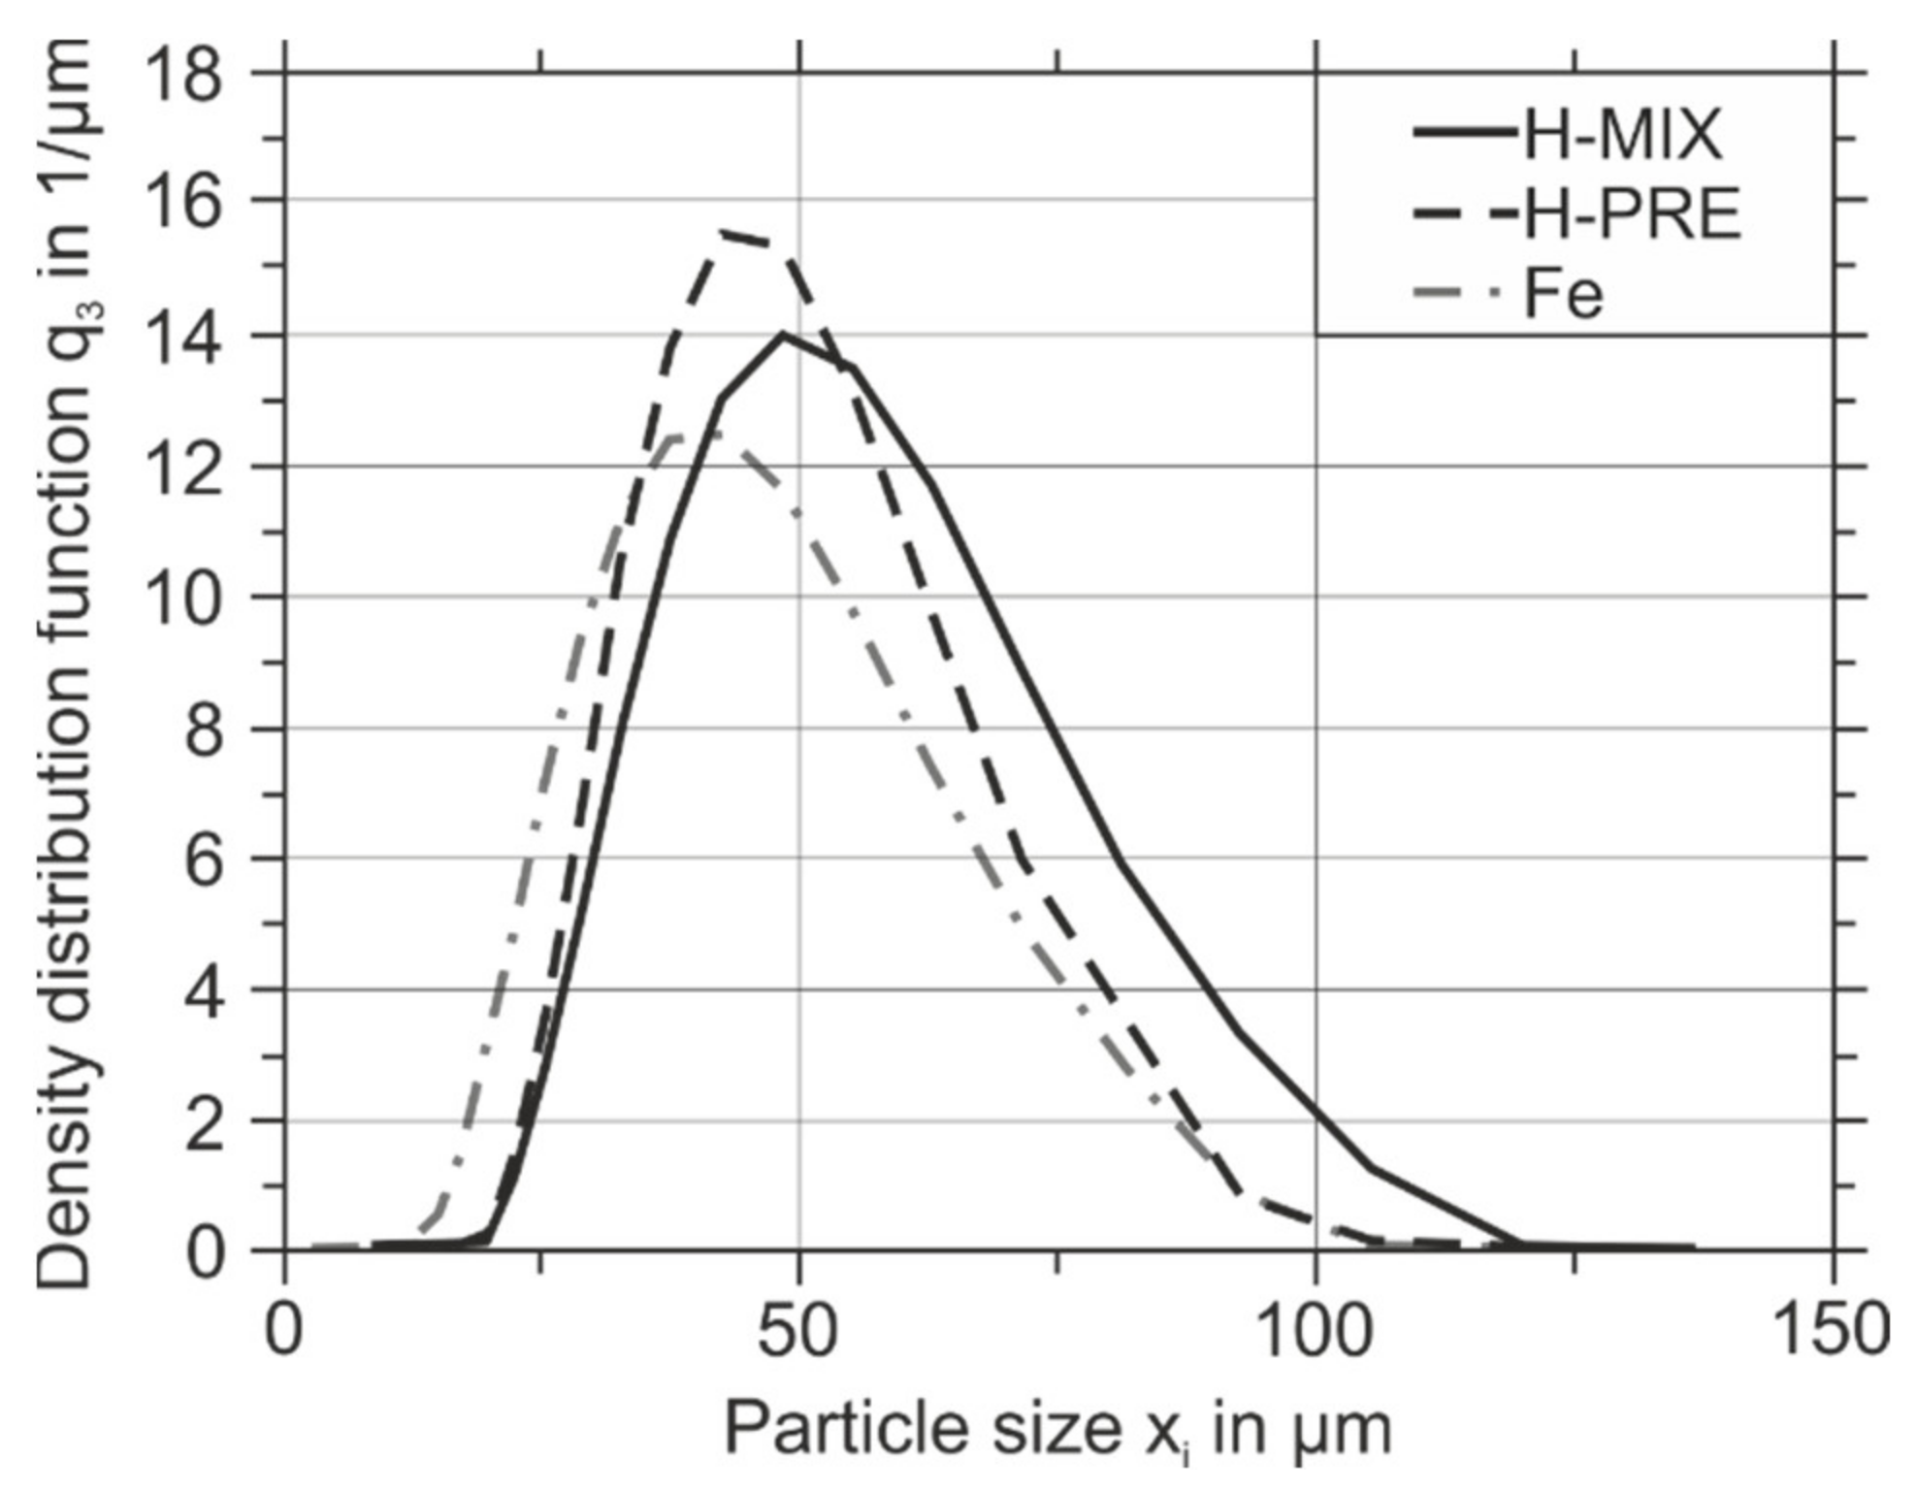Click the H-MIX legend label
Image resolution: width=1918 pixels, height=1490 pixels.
[x=1622, y=134]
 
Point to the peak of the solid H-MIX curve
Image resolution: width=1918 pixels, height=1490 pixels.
[x=782, y=335]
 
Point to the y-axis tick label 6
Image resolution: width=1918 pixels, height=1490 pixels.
[x=204, y=859]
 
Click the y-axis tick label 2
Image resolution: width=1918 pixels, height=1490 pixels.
[x=204, y=1121]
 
